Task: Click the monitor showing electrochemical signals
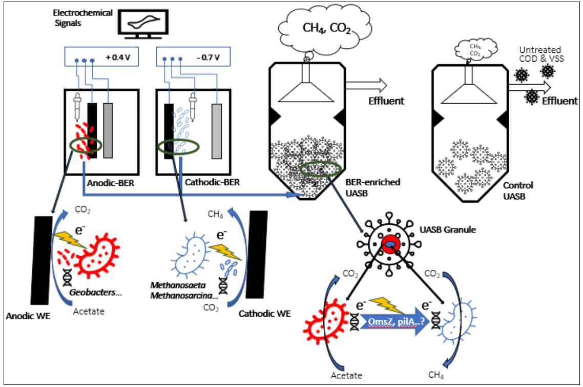coord(143,24)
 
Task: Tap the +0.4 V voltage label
coord(118,57)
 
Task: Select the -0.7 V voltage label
coord(208,57)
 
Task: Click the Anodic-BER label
coord(111,183)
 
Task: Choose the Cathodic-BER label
coord(212,182)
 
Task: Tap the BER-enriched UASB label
coord(373,187)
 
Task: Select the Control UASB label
coord(518,191)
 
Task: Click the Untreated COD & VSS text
coord(542,54)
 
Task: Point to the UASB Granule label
coord(448,229)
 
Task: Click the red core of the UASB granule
coord(390,244)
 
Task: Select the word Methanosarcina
coord(184,296)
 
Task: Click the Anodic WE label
coord(28,316)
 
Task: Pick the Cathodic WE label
coord(264,314)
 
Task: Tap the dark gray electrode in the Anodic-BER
coord(108,130)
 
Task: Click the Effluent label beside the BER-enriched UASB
coord(386,101)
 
